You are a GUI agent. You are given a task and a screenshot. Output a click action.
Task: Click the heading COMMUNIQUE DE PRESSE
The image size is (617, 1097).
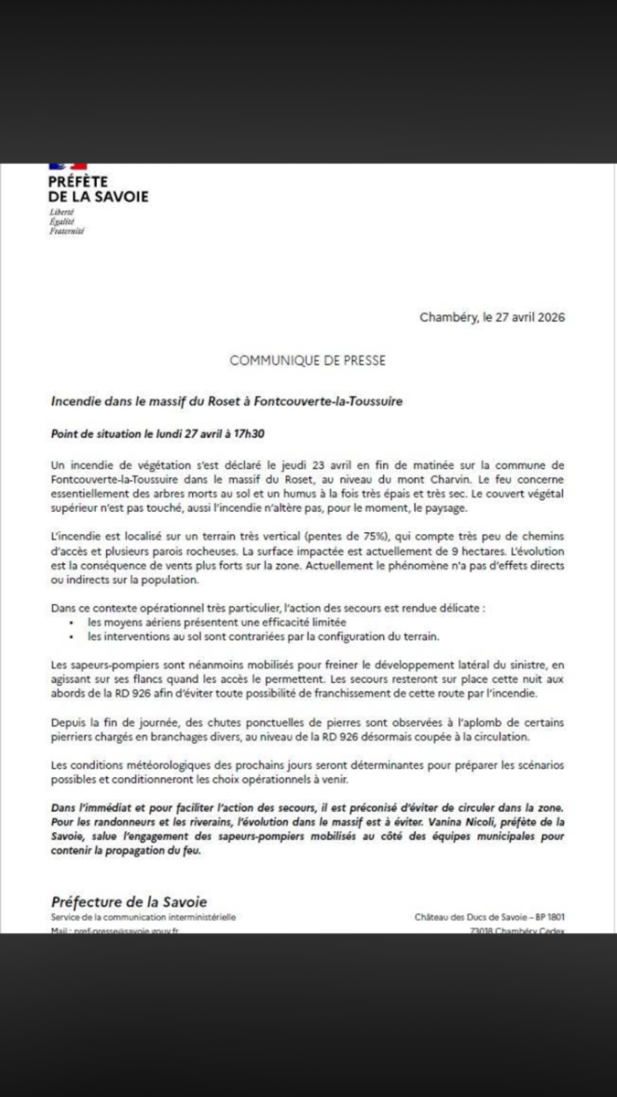307,360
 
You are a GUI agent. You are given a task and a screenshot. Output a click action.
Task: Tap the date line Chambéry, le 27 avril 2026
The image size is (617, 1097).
492,318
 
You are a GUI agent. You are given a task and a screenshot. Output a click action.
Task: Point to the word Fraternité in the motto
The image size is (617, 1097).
67,232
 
